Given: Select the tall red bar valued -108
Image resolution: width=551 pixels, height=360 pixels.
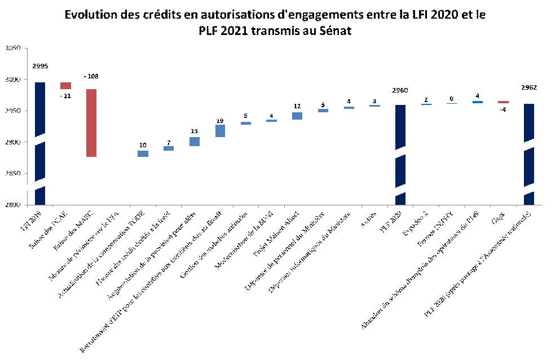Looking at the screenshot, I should [91, 123].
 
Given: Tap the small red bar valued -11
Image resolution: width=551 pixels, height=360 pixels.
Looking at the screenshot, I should [66, 86].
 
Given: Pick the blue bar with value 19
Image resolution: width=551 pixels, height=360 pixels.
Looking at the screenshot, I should [220, 131].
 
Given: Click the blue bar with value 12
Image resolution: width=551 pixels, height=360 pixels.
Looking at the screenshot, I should [297, 116].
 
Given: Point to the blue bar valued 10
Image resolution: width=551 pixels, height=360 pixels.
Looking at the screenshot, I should [143, 153].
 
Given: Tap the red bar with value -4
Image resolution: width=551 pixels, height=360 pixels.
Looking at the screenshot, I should [503, 102].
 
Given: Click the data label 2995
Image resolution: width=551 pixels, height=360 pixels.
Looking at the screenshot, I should [40, 66].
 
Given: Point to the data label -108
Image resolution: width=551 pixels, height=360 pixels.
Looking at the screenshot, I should [91, 76].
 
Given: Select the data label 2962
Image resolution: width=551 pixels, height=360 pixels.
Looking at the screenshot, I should [529, 87].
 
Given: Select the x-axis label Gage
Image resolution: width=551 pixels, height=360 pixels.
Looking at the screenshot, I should [497, 217].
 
